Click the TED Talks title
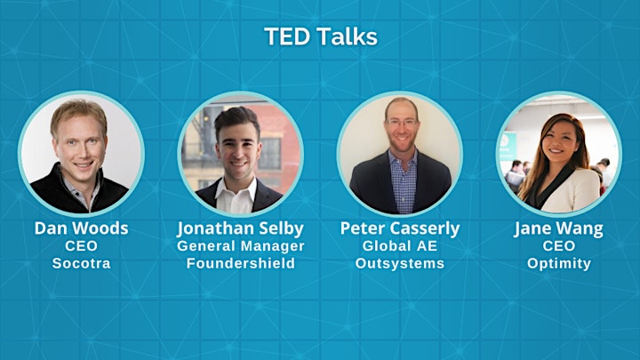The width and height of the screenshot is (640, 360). [x=321, y=36]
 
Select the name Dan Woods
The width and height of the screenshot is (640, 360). [x=81, y=228]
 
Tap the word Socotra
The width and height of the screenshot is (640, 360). [x=81, y=263]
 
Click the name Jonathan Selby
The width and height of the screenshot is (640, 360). [x=240, y=229]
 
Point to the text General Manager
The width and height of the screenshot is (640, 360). [x=240, y=246]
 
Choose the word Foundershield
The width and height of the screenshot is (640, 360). [x=240, y=263]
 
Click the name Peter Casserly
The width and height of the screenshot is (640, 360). [x=400, y=229]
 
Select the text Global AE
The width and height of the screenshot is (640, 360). [x=400, y=245]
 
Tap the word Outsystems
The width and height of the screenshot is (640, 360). [x=400, y=263]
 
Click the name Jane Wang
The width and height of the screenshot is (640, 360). [x=559, y=229]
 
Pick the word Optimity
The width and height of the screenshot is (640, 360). [x=559, y=264]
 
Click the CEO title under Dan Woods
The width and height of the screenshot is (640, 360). [x=81, y=245]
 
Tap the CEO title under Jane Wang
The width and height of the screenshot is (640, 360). [x=559, y=245]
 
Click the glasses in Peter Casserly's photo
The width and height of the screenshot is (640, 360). [x=402, y=122]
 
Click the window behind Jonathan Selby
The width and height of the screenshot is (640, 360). [x=269, y=153]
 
